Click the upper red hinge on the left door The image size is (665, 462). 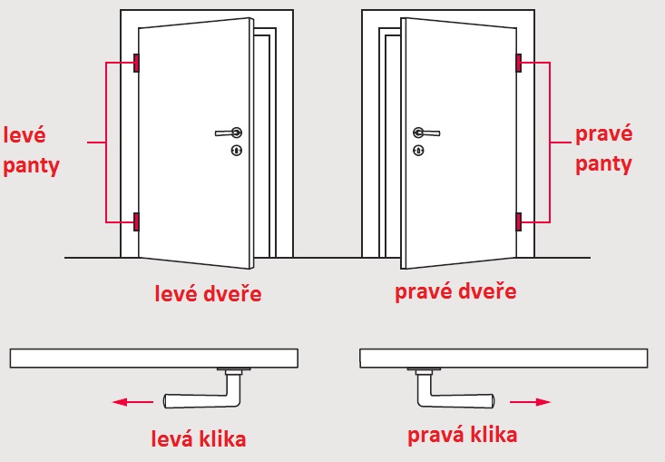[136, 63]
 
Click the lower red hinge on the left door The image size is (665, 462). [136, 221]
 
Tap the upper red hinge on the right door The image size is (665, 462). [519, 63]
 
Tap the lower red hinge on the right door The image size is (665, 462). [519, 221]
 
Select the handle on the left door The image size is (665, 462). [229, 133]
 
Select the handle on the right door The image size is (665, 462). [426, 133]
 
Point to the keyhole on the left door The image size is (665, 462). [237, 150]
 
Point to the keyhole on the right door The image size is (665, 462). [418, 150]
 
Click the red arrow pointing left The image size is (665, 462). [132, 402]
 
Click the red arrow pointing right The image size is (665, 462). [530, 402]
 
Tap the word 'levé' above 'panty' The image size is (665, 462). [24, 135]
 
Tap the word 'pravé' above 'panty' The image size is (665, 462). [604, 133]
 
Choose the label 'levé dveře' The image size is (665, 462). [208, 293]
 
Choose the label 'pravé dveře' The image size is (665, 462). [455, 291]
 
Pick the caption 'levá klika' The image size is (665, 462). [199, 438]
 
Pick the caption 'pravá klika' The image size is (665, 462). [463, 436]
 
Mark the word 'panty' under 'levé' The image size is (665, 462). [31, 166]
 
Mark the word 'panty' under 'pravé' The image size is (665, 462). [603, 164]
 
